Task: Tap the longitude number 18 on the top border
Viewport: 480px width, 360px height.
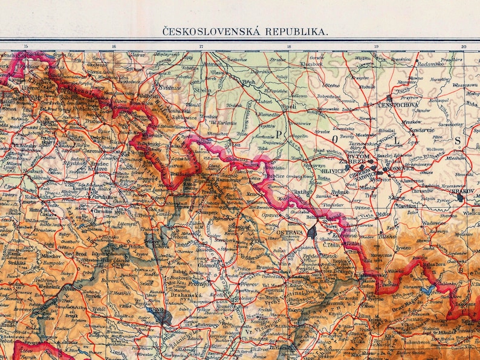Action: point(289,47)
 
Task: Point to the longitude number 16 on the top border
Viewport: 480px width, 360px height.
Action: point(114,47)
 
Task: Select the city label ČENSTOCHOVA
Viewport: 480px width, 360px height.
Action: point(397,104)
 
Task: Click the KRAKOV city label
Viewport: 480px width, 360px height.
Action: point(464,191)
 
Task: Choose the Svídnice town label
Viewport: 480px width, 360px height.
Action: point(170,88)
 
